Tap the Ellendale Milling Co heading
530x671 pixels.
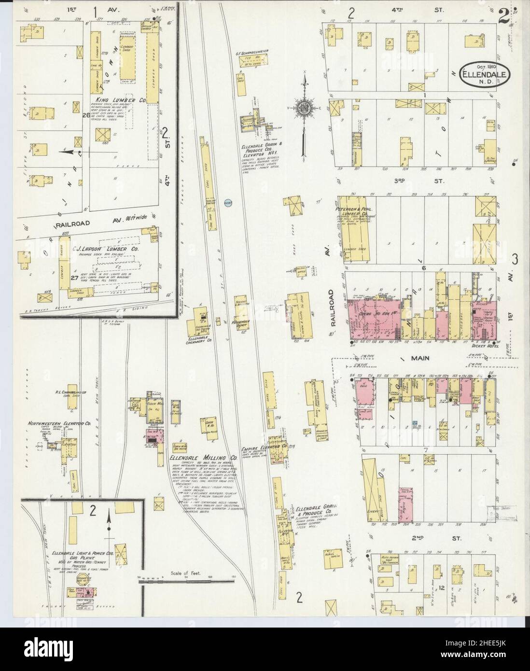[x=203, y=457]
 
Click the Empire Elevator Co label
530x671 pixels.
[x=267, y=447]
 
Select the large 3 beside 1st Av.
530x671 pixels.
[x=515, y=260]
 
